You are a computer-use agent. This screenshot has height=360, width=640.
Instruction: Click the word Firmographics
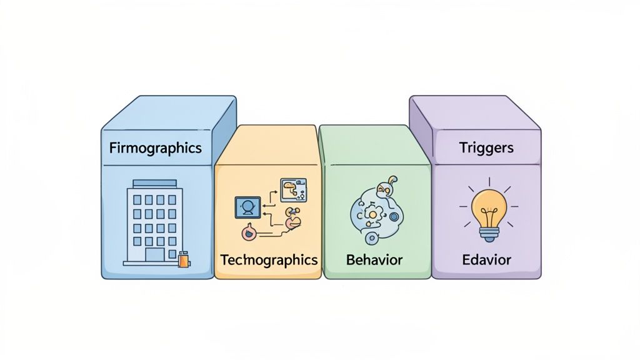click(x=155, y=148)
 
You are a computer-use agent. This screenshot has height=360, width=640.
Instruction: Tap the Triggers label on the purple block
click(x=486, y=147)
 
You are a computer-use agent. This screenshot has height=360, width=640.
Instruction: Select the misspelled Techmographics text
click(x=269, y=259)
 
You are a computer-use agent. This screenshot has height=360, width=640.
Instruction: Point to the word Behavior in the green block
click(x=374, y=259)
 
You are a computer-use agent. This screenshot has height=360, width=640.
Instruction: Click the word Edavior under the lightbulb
click(x=486, y=259)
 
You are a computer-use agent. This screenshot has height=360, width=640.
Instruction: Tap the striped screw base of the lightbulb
click(x=489, y=234)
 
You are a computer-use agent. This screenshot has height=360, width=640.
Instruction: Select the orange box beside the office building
click(x=183, y=259)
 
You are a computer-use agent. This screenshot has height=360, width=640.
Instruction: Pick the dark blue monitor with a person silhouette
click(x=247, y=207)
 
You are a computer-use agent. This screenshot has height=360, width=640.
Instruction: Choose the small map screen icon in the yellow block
click(x=293, y=189)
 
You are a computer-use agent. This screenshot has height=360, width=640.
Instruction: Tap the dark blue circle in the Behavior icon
click(x=394, y=217)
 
